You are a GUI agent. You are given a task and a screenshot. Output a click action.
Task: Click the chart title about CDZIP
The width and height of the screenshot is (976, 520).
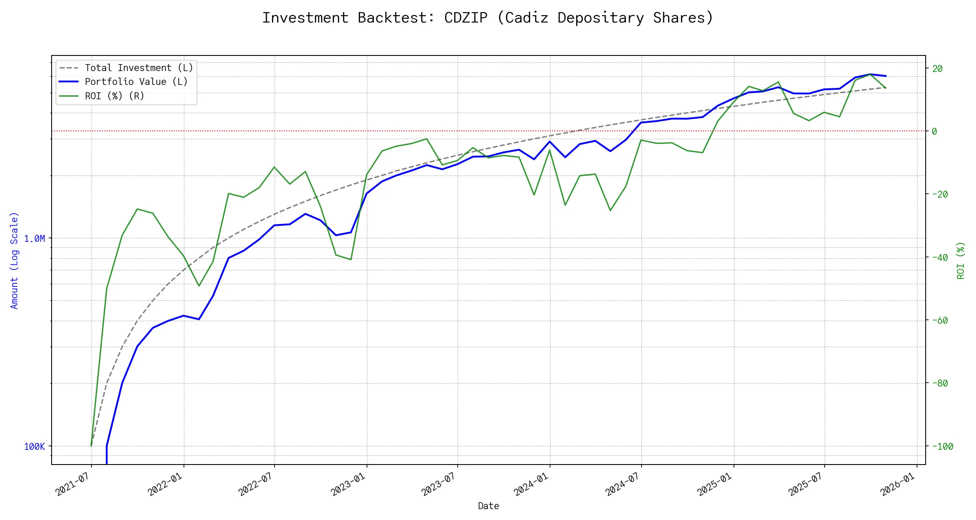pos(488,18)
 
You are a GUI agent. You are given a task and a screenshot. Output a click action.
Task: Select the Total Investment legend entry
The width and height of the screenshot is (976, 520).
pos(139,68)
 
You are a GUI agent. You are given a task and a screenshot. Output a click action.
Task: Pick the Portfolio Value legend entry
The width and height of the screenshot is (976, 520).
pos(136,82)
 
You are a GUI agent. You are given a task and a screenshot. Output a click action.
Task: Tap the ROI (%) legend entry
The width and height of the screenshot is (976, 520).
pos(115,96)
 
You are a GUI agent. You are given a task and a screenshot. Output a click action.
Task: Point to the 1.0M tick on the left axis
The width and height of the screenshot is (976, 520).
pos(34,238)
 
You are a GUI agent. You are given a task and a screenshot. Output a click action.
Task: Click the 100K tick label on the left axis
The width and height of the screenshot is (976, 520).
pos(34,447)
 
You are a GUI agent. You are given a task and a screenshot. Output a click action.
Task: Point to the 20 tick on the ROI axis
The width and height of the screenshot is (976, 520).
pos(937,68)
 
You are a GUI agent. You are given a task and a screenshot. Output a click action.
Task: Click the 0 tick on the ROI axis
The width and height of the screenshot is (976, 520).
pos(935,131)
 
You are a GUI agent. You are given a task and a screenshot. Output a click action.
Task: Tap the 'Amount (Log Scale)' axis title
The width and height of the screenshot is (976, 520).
pos(14,260)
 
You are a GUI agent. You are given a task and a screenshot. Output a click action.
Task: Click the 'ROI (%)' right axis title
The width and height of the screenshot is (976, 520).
pos(961,260)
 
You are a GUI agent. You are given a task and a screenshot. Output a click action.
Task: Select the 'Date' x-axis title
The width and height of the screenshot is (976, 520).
pos(488,506)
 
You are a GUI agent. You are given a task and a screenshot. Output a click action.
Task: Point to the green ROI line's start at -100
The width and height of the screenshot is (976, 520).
pos(91,445)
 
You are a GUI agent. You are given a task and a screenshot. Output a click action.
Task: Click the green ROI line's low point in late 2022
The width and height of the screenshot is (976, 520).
pos(351,260)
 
